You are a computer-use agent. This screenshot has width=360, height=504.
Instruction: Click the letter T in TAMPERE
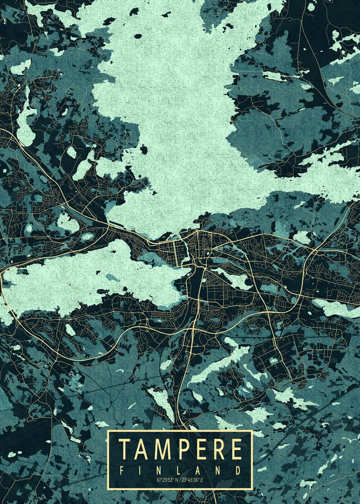pyautogui.click(x=125, y=449)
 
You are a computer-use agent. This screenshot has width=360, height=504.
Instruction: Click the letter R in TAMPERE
pyautogui.click(x=217, y=449)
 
